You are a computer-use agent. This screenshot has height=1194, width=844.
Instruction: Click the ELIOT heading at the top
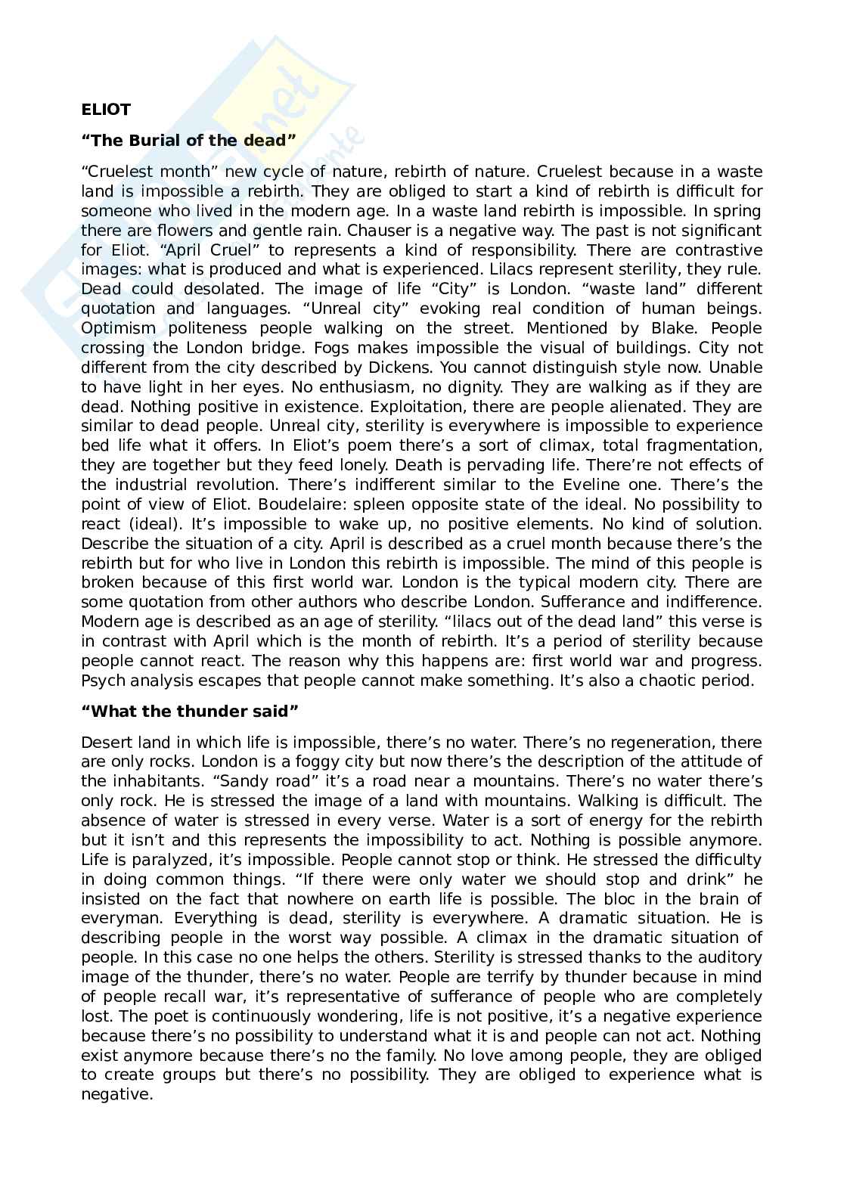click(105, 110)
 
